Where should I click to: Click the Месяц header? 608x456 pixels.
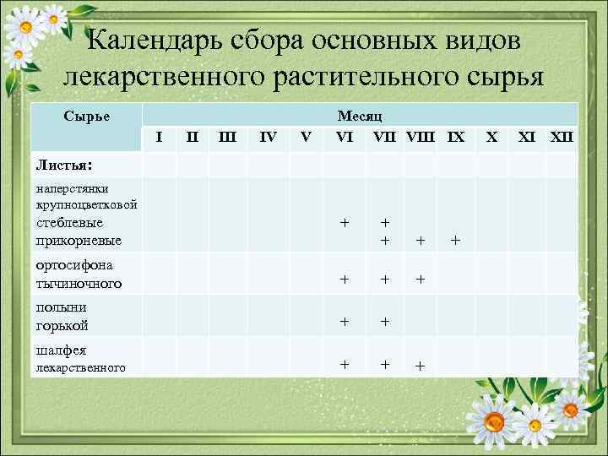click(360, 119)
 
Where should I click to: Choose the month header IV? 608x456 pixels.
click(268, 136)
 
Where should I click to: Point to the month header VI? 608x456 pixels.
click(345, 136)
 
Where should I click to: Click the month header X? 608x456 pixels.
click(492, 136)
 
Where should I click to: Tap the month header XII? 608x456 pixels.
click(562, 136)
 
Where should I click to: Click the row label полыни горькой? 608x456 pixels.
click(62, 316)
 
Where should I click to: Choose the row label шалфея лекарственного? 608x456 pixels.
click(80, 358)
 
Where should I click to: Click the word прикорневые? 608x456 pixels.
click(79, 241)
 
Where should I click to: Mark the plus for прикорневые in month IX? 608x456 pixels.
click(455, 241)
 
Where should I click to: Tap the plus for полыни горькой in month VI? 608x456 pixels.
click(344, 321)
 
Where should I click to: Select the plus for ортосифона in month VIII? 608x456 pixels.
click(420, 279)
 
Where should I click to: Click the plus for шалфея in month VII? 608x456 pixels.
click(385, 364)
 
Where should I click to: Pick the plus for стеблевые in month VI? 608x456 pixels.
click(344, 223)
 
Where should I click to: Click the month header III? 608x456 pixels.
click(227, 136)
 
